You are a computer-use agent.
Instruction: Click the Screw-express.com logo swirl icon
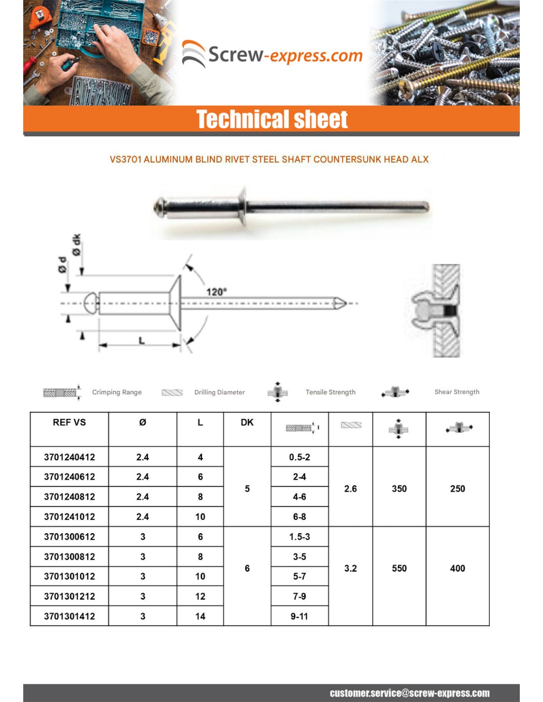coord(194,53)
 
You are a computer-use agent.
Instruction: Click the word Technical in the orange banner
coord(235,119)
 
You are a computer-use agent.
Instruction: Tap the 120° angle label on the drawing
coord(216,292)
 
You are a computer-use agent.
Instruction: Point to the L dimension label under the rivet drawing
coord(142,340)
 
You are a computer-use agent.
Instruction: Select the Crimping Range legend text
coord(116,392)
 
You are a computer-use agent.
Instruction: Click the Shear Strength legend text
coord(457,391)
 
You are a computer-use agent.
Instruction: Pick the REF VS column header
coord(69,423)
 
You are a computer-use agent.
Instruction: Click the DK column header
coord(247,423)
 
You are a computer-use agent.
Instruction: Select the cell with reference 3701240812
coord(69,497)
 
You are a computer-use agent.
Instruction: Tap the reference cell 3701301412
coord(69,616)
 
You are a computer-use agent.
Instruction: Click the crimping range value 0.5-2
coord(300,457)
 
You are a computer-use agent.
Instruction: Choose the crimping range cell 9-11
coord(300,616)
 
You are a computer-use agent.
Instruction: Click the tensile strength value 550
coord(399,568)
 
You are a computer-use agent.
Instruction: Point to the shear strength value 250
coord(458,489)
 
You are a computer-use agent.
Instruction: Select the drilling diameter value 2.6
coord(350,489)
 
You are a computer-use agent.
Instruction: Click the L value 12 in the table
coord(200,596)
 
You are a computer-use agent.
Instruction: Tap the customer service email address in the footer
coord(410,693)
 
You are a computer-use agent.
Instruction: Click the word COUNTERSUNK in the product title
coord(345,159)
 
